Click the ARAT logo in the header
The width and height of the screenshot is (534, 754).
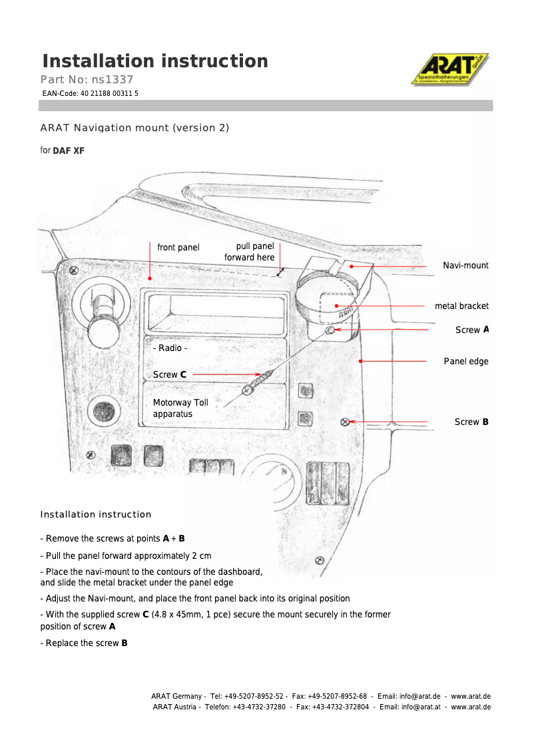[450, 69]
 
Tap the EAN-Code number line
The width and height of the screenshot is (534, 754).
[91, 94]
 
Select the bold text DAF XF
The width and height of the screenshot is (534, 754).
[69, 151]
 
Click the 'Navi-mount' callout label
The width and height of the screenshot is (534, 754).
[465, 266]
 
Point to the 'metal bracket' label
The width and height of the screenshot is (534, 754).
[461, 306]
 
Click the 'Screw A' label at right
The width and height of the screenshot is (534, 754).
[472, 330]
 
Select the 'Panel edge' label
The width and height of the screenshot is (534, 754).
[466, 362]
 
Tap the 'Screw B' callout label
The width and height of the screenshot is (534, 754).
[471, 422]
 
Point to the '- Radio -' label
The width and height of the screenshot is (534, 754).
[170, 348]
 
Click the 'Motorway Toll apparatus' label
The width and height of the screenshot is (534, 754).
[180, 408]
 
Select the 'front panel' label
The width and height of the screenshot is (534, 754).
[178, 248]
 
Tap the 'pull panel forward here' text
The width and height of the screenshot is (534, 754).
[250, 252]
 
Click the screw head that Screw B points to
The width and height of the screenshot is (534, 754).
[345, 422]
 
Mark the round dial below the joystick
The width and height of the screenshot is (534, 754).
[104, 408]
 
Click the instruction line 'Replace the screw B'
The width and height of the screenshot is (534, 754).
[84, 643]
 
